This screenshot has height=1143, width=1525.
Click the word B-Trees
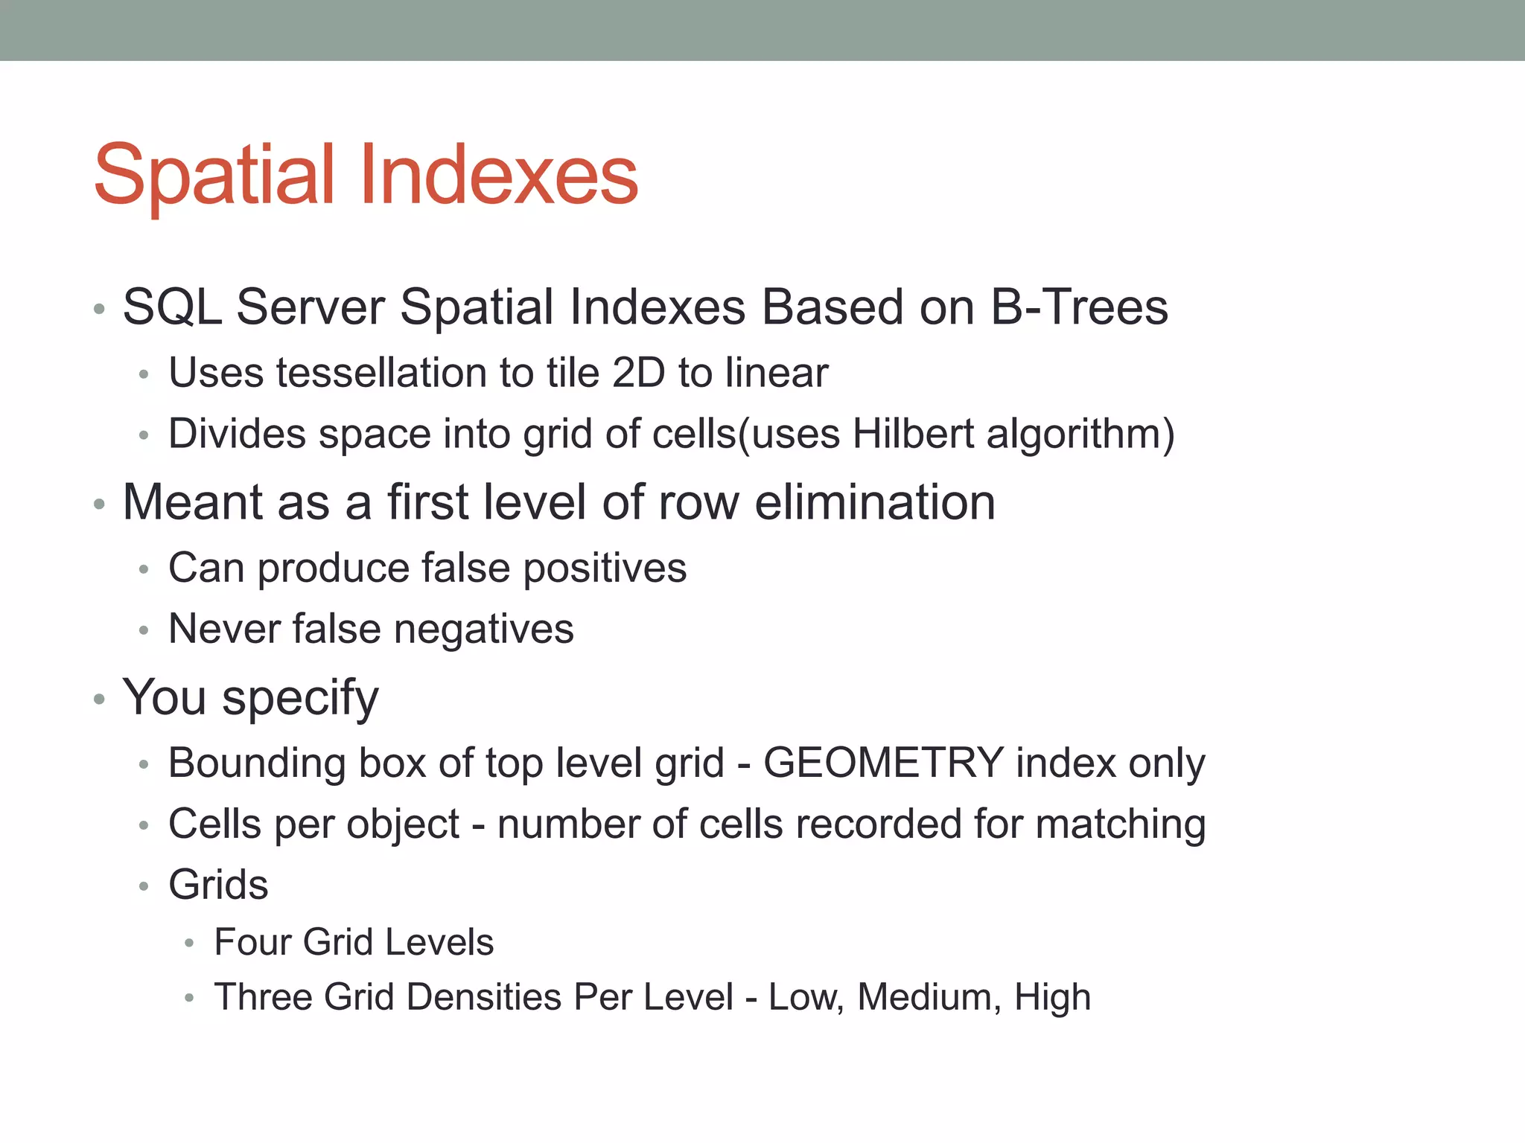tap(1079, 307)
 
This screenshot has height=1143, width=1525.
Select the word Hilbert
tap(913, 434)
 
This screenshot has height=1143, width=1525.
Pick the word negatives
tap(483, 630)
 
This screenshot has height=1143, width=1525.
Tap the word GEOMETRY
tap(883, 763)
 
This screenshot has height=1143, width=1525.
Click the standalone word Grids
tap(218, 885)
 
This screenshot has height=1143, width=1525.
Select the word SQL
tap(172, 307)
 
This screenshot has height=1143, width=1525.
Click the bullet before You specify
tap(99, 699)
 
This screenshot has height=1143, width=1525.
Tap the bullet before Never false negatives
tap(144, 631)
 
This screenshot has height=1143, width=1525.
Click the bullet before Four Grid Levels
tap(189, 944)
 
